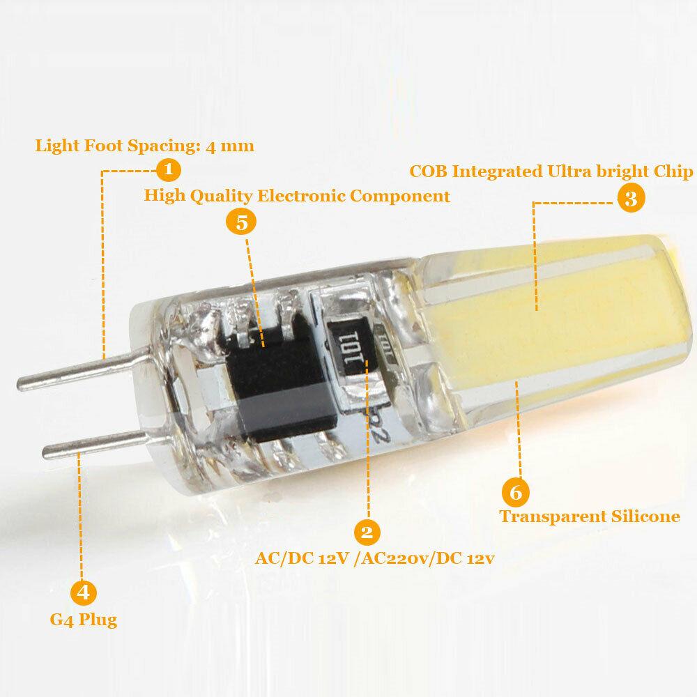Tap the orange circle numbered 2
point(367,533)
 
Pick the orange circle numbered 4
point(83,592)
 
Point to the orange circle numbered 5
point(241,223)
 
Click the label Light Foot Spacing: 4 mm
point(145,146)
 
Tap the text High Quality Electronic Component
point(297,196)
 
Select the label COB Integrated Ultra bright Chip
point(551,171)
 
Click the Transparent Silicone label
point(590,516)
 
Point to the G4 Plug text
point(84,619)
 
